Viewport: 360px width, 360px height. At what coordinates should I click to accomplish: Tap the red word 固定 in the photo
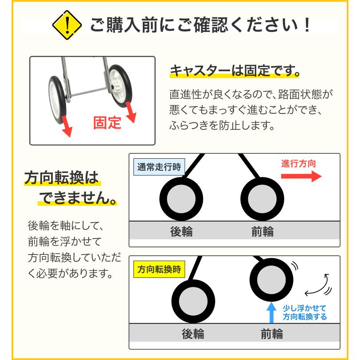[x=107, y=122]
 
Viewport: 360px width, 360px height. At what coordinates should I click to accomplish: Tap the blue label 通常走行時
[x=159, y=168]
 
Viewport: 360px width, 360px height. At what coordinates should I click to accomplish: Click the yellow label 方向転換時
[x=159, y=269]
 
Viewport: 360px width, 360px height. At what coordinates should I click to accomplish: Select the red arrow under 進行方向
[x=301, y=176]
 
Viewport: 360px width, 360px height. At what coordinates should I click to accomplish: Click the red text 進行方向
[x=299, y=163]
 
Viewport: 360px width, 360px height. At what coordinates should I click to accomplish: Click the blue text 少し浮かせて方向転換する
[x=305, y=312]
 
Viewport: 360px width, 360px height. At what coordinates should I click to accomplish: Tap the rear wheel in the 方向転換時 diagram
[x=192, y=304]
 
